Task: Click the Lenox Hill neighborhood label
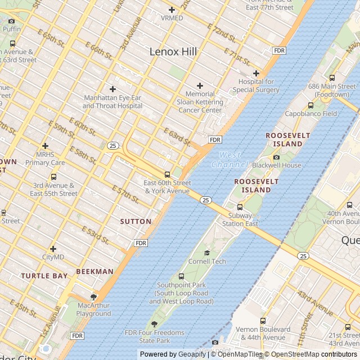(x=173, y=52)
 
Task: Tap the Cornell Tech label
(x=207, y=262)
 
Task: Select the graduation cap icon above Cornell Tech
(x=207, y=253)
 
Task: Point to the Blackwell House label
(x=276, y=165)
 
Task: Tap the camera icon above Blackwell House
(x=276, y=157)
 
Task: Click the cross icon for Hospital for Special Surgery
(x=256, y=73)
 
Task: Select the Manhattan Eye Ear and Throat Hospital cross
(x=112, y=89)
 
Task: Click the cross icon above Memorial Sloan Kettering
(x=200, y=85)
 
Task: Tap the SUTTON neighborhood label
(x=136, y=222)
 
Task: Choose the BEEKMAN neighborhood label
(x=94, y=271)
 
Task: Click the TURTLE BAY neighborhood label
(x=44, y=276)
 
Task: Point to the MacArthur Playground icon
(x=94, y=296)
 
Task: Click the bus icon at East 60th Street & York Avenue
(x=166, y=174)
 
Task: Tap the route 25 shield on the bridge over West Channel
(x=205, y=200)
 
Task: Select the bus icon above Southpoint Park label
(x=181, y=276)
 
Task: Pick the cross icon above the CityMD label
(x=53, y=249)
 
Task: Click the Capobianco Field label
(x=310, y=114)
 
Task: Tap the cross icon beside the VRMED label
(x=172, y=10)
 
